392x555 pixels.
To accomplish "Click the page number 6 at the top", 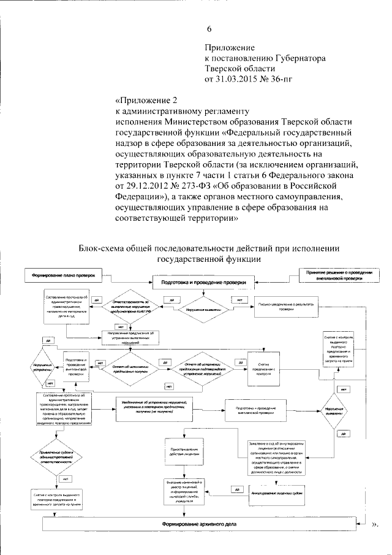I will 209,29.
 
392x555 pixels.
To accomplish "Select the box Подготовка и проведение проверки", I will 203,283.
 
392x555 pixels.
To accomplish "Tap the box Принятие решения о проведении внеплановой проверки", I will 339,275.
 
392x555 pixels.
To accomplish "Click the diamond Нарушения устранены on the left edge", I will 43,371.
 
